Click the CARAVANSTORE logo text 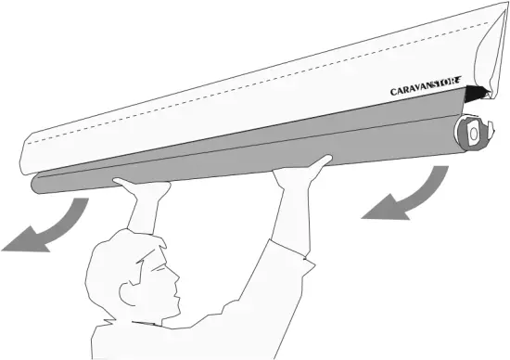pos(428,90)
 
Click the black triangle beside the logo pos(476,92)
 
